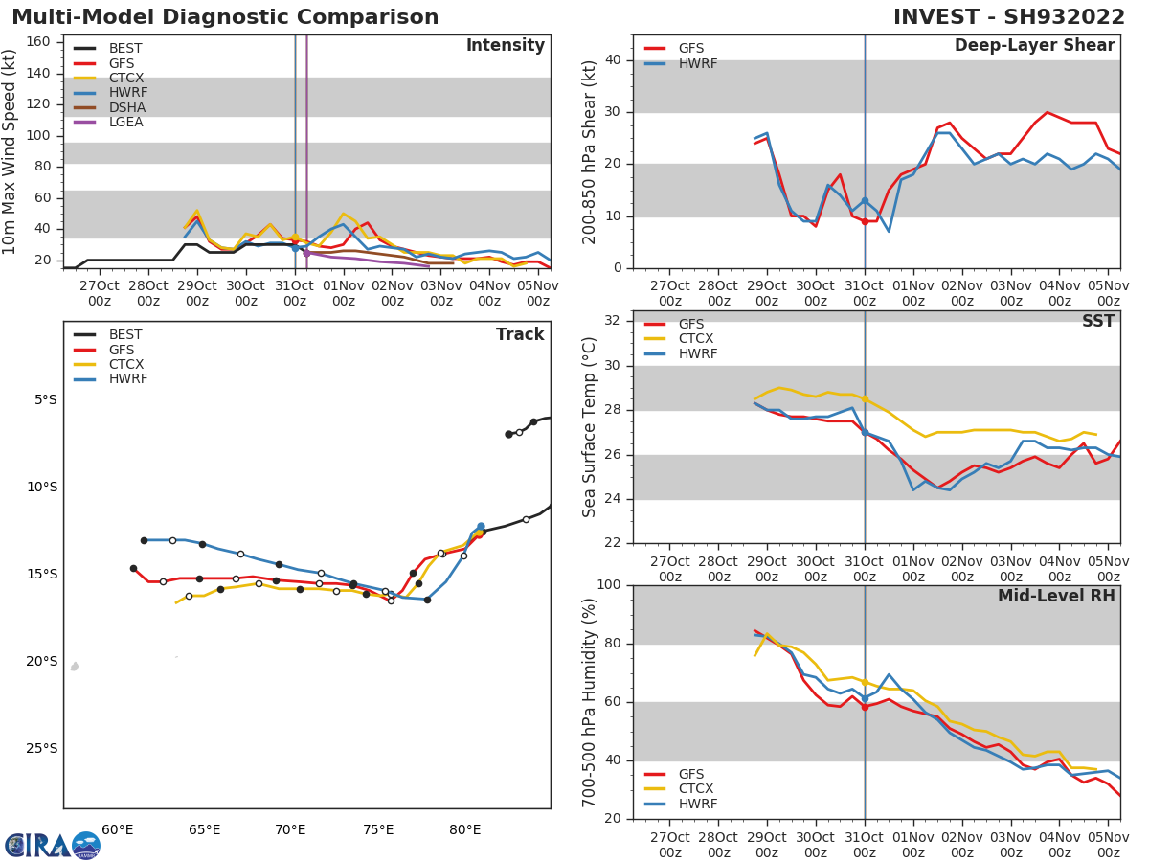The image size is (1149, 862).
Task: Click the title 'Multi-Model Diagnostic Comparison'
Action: (225, 17)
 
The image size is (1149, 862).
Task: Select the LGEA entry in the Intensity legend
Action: (125, 122)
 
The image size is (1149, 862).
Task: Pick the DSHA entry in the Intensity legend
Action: (127, 107)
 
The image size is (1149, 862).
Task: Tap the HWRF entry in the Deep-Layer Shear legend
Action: (697, 64)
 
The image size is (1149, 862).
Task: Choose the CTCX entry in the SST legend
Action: (696, 339)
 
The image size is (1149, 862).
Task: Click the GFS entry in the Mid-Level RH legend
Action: (690, 774)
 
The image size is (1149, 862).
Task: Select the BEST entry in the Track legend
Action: (125, 335)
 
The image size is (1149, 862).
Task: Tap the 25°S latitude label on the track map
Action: (42, 748)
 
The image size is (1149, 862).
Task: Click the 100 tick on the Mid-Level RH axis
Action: (609, 585)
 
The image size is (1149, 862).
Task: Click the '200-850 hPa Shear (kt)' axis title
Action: (590, 151)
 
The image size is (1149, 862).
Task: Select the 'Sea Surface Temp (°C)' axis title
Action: (590, 427)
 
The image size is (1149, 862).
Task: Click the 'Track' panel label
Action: (519, 335)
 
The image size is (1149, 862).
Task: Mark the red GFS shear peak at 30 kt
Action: (1047, 112)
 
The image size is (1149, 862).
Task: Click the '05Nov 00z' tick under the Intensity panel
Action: (538, 293)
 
